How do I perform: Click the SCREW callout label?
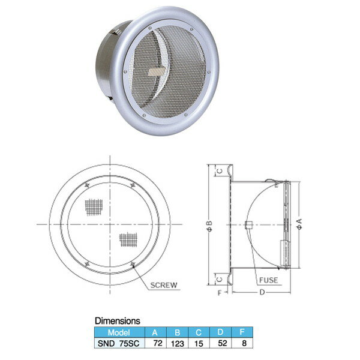[164, 285]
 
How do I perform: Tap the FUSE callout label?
[268, 280]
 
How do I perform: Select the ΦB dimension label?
[209, 226]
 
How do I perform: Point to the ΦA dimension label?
[299, 224]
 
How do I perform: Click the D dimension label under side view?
[262, 292]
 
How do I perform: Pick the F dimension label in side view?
[220, 293]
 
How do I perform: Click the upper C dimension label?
[220, 171]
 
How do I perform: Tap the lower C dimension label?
[220, 279]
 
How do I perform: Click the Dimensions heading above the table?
[118, 321]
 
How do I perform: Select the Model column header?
[119, 332]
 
